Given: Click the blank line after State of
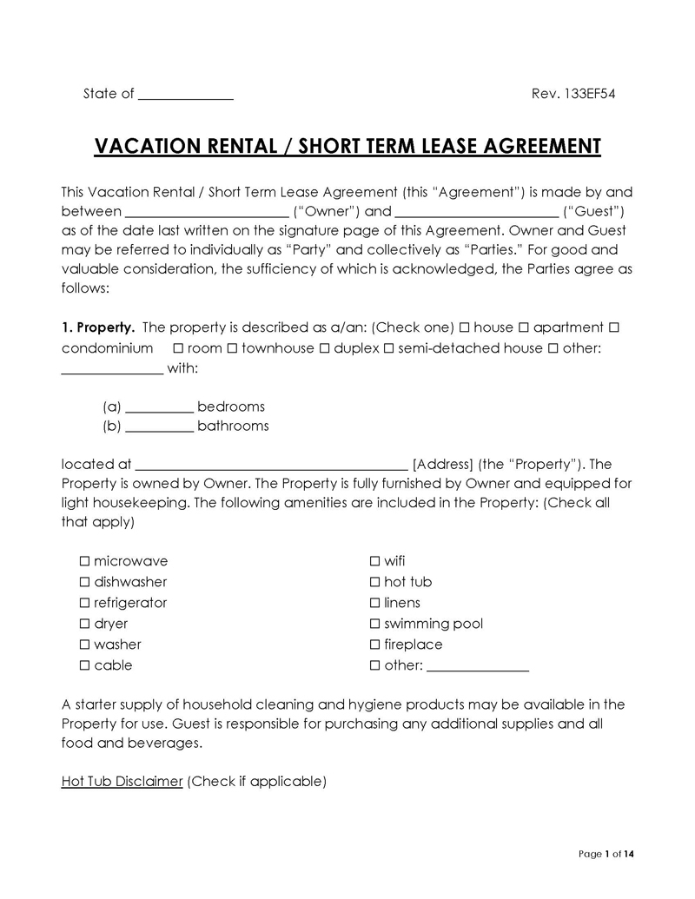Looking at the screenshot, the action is [x=186, y=95].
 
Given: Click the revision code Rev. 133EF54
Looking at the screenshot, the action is [x=573, y=94].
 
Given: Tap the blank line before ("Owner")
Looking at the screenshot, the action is [x=207, y=211].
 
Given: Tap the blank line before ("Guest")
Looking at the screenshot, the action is [x=476, y=211].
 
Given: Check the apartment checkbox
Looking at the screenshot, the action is [x=524, y=327].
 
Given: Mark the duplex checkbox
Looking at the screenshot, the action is [x=323, y=348].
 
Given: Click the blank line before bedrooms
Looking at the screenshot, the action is [x=160, y=407].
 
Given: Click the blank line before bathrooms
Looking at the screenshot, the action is [x=160, y=426].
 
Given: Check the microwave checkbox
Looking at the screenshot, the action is [x=85, y=561].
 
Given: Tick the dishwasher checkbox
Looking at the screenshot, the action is [x=85, y=582].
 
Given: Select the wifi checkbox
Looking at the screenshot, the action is [x=375, y=561].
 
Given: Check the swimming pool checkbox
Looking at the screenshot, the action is [x=375, y=624].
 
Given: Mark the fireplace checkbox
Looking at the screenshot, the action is [x=375, y=645].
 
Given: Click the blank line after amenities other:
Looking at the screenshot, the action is [x=478, y=666].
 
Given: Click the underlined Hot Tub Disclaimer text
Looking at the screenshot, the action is [x=122, y=781].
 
